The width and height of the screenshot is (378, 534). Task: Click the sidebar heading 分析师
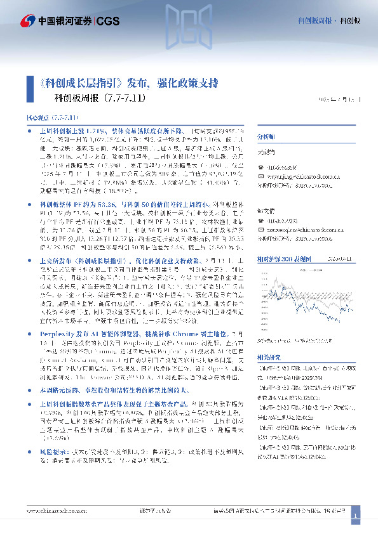(x=265, y=136)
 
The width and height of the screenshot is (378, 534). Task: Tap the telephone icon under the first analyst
(x=259, y=167)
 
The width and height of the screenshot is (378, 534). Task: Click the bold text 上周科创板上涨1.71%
(x=71, y=129)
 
